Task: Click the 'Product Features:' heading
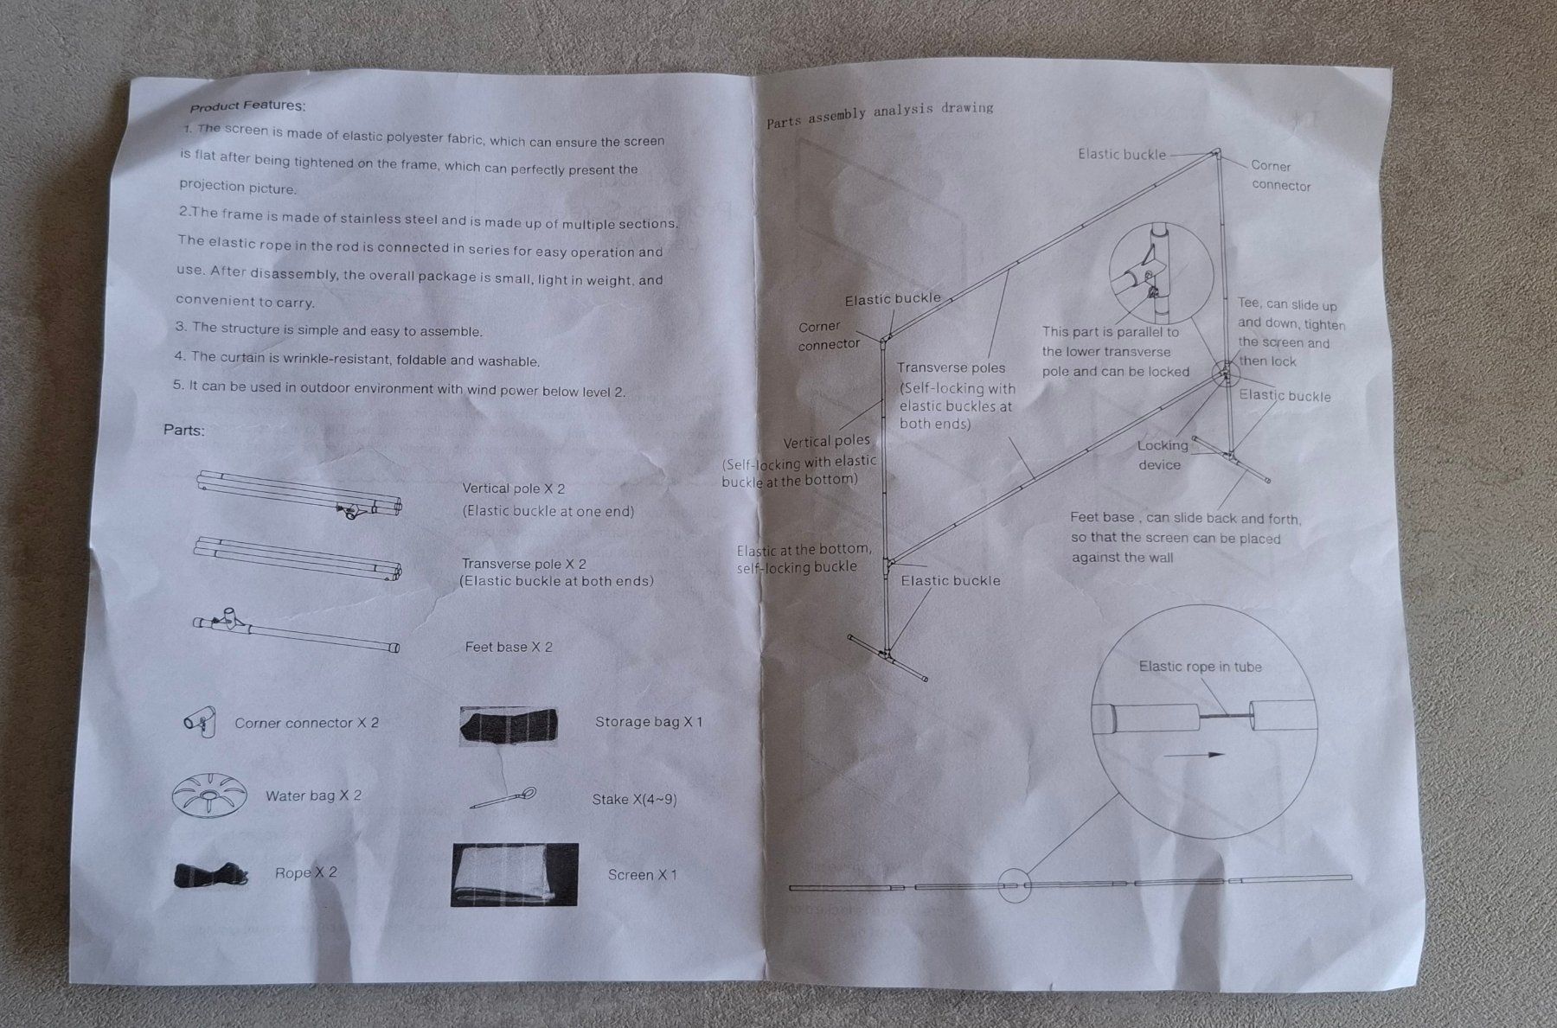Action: pyautogui.click(x=247, y=106)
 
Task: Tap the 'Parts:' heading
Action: pyautogui.click(x=184, y=430)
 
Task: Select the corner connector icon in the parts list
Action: pyautogui.click(x=200, y=719)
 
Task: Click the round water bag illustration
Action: pyautogui.click(x=208, y=794)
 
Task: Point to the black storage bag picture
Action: pyautogui.click(x=509, y=725)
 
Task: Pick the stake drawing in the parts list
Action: pyautogui.click(x=503, y=797)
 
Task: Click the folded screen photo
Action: pyautogui.click(x=515, y=874)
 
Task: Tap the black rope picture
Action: pyautogui.click(x=211, y=874)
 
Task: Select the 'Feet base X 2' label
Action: pyautogui.click(x=509, y=647)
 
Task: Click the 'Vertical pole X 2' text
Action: pyautogui.click(x=514, y=488)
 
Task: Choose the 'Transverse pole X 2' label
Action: pyautogui.click(x=524, y=564)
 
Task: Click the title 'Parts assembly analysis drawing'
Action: pyautogui.click(x=880, y=114)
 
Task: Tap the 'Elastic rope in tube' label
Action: pyautogui.click(x=1200, y=667)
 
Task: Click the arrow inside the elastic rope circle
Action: pyautogui.click(x=1194, y=755)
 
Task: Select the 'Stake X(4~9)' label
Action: pyautogui.click(x=634, y=800)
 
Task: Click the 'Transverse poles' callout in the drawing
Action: pyautogui.click(x=951, y=367)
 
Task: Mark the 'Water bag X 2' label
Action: pyautogui.click(x=313, y=795)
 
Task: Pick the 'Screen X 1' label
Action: pyautogui.click(x=642, y=875)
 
